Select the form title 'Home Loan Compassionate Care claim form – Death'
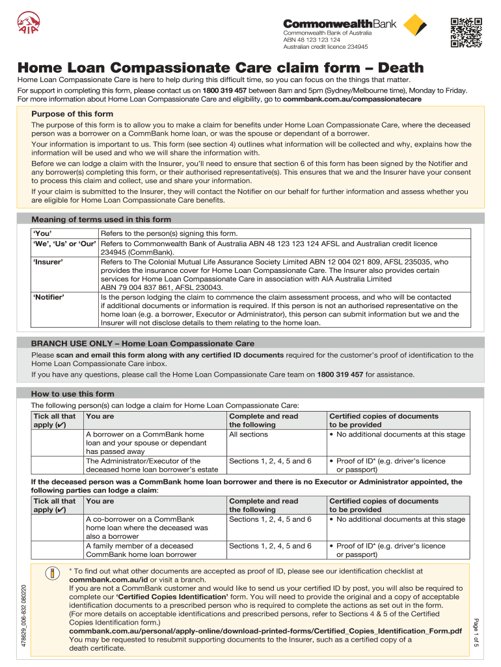220,68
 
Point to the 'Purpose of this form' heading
72,114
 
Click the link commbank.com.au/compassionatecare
352,99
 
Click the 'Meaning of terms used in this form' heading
101,220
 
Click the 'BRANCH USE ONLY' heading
142,343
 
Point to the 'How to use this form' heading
72,393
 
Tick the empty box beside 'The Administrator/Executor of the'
57,465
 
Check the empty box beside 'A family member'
57,550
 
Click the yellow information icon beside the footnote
51,574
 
